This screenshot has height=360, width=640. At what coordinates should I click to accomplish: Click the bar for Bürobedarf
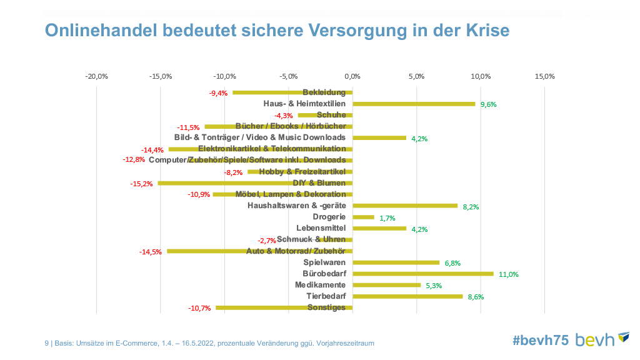(423, 274)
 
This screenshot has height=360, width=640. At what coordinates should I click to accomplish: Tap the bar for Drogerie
(364, 217)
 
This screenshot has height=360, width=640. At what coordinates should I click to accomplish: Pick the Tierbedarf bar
(407, 296)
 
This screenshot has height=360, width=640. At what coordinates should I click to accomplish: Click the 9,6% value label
(488, 105)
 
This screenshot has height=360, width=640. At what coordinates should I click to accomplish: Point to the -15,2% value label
(141, 184)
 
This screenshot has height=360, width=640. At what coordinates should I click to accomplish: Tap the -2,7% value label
(267, 241)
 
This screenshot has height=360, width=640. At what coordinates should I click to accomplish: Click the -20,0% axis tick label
(97, 76)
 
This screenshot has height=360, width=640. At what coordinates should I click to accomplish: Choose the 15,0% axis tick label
(544, 76)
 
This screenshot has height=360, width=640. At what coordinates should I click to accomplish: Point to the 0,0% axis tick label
(352, 76)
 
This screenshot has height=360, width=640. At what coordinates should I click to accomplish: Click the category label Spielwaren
(324, 262)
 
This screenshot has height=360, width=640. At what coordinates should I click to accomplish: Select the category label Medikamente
(320, 285)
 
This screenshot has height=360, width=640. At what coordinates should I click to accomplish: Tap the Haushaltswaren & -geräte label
(296, 206)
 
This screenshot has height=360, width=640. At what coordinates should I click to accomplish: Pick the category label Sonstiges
(326, 307)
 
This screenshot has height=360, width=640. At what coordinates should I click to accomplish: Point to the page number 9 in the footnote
(47, 343)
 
